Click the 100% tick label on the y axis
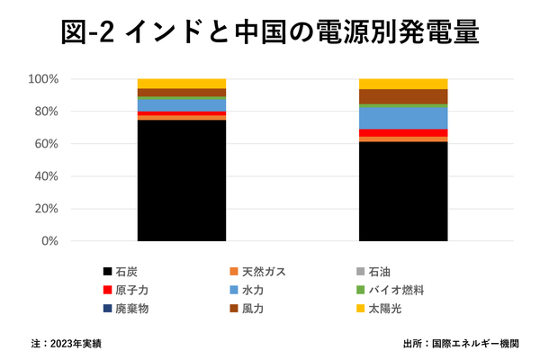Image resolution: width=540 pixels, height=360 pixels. [43, 79]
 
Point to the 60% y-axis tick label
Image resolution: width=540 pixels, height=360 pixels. [46, 144]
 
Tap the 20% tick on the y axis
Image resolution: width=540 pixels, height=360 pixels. [46, 209]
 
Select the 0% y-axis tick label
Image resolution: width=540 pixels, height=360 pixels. [49, 241]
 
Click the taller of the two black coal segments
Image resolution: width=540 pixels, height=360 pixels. [182, 180]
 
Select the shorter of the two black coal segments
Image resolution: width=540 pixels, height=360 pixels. [403, 191]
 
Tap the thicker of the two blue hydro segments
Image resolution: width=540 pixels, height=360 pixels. [403, 118]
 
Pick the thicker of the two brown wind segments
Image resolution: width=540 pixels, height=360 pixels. [403, 96]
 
